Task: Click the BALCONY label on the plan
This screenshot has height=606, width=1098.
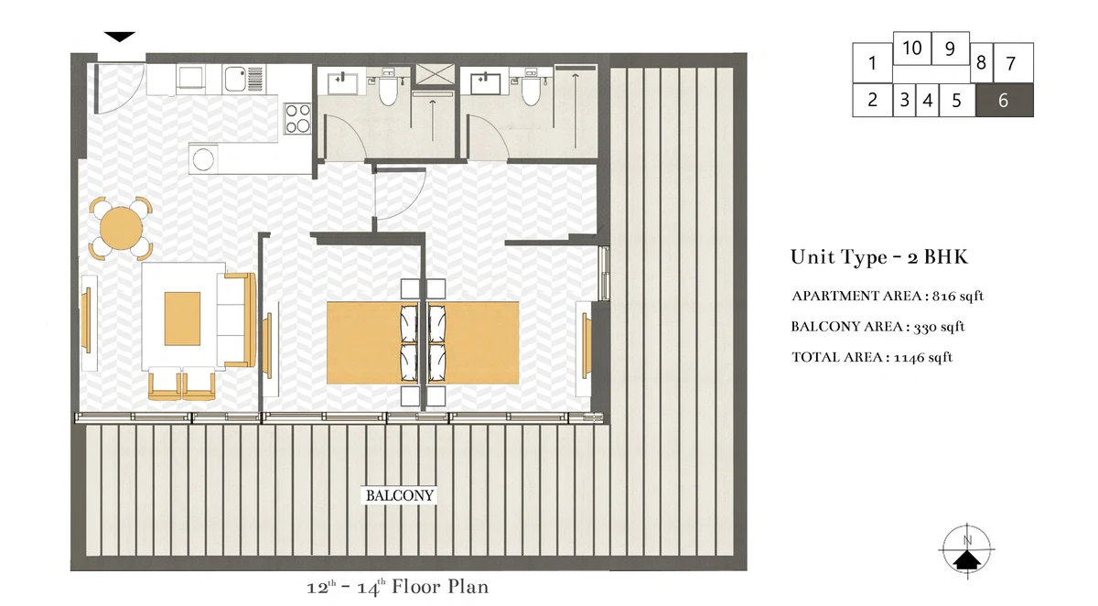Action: [400, 495]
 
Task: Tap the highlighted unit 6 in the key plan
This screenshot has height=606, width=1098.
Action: [1005, 100]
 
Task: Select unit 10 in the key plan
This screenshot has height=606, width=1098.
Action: [911, 48]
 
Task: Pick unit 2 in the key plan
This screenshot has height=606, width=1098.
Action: [872, 100]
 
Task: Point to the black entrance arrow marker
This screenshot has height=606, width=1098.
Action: [120, 37]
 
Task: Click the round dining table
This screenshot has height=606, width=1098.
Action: [121, 228]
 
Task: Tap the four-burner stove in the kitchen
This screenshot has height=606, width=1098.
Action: [297, 118]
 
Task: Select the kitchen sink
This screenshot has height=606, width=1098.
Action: [235, 79]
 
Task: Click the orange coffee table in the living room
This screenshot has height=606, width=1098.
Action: [182, 319]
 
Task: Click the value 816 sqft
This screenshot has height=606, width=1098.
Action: [958, 297]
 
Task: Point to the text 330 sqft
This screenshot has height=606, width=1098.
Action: [939, 327]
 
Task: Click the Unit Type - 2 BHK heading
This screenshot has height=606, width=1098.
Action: [879, 257]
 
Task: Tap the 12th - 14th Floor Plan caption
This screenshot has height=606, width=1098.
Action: [397, 587]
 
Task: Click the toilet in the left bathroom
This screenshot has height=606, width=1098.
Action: [388, 88]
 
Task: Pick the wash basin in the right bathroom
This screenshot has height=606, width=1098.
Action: [485, 83]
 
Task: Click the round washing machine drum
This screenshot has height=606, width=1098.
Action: [203, 159]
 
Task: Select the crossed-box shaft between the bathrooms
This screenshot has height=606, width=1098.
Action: [435, 74]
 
